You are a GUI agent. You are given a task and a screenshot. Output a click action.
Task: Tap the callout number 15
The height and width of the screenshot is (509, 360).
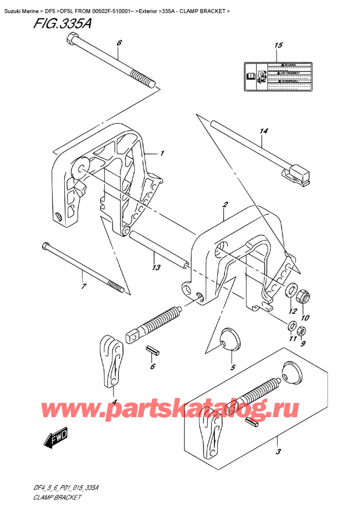click(x=277, y=46)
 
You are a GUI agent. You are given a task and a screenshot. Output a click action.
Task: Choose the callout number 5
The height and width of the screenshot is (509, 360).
click(x=233, y=367)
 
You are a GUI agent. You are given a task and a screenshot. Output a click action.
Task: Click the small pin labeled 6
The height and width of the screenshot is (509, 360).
click(x=153, y=349)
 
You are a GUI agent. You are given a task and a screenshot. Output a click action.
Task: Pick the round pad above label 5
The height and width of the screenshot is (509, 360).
click(x=229, y=339)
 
